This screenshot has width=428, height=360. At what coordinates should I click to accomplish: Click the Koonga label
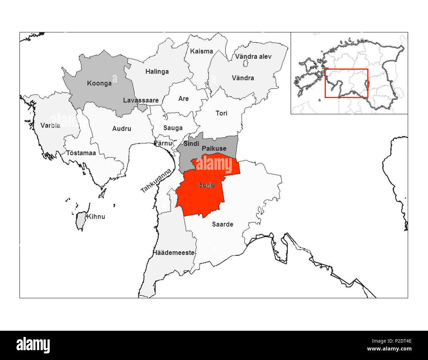click(x=99, y=83)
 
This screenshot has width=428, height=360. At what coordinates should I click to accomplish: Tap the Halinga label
click(x=157, y=71)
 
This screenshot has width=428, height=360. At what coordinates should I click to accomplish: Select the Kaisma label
click(x=201, y=51)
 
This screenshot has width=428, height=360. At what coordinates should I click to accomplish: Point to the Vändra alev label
click(x=253, y=57)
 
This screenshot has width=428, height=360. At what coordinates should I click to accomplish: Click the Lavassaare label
click(x=141, y=100)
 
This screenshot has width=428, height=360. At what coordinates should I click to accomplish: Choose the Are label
click(x=183, y=99)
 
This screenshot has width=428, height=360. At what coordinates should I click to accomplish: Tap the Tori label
click(x=221, y=113)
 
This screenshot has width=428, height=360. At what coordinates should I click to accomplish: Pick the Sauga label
click(x=173, y=128)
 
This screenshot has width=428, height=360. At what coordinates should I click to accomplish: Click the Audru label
click(x=121, y=129)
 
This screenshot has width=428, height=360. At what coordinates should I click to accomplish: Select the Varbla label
click(x=50, y=125)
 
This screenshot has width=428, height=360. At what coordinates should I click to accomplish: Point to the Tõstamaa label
click(x=81, y=153)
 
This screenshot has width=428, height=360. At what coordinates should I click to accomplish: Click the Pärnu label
click(x=163, y=143)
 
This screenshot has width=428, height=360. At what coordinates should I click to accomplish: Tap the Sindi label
click(x=191, y=144)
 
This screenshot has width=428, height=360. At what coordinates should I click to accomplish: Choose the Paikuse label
click(x=214, y=148)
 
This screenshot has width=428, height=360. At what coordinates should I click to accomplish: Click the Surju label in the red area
click(x=206, y=185)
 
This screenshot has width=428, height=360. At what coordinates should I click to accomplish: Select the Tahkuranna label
click(x=156, y=181)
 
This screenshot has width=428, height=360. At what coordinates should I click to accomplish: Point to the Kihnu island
click(x=80, y=221)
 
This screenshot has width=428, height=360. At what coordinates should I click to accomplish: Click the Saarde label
click(x=223, y=224)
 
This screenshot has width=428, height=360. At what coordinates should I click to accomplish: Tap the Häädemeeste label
click(x=174, y=253)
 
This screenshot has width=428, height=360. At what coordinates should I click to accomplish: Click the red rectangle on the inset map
click(x=346, y=83)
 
